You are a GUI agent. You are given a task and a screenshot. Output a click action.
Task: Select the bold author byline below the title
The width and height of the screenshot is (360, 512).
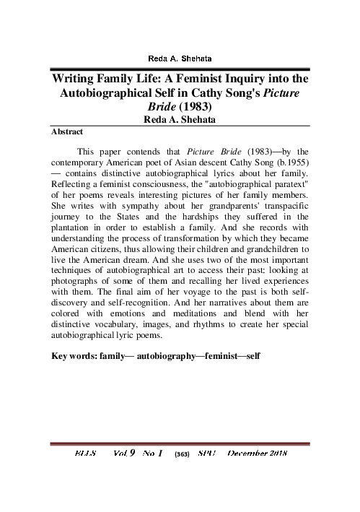point(180,120)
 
